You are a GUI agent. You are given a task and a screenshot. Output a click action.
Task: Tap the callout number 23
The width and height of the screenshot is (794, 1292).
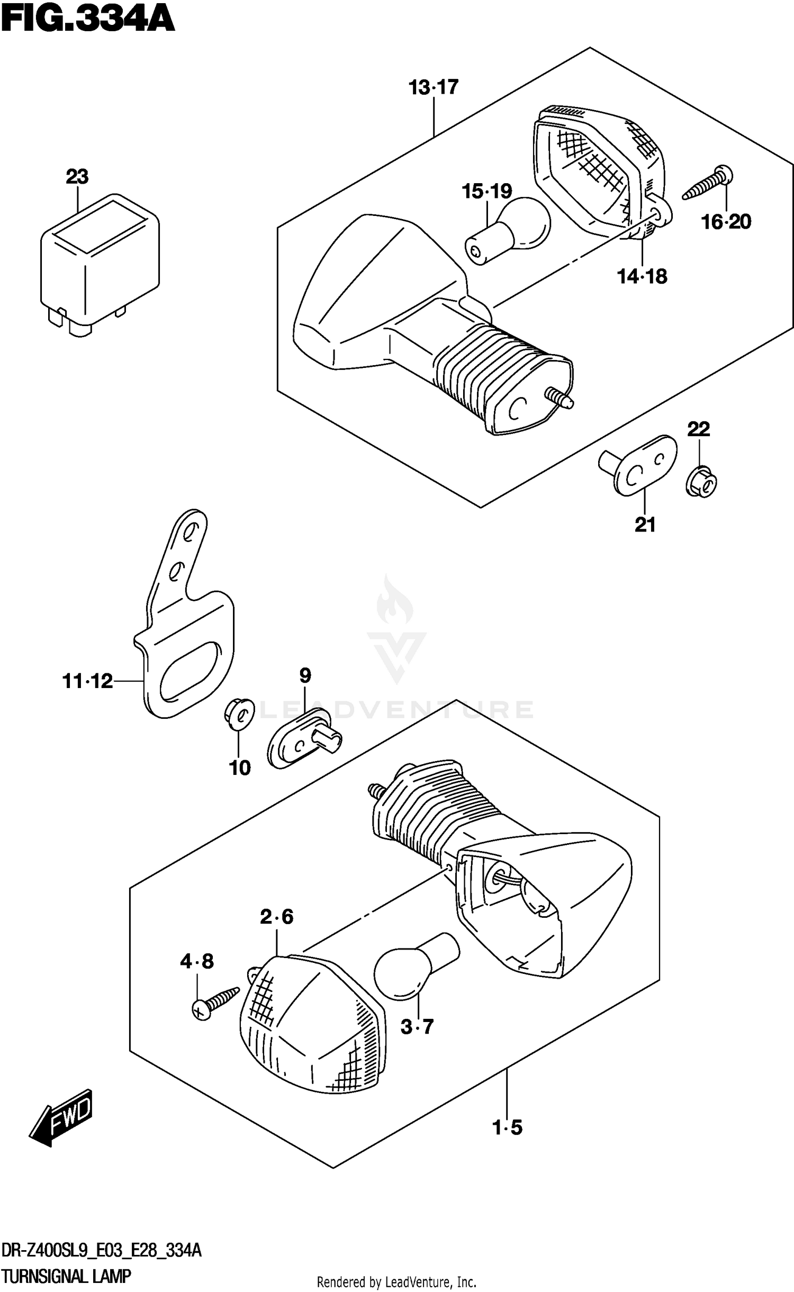point(77,176)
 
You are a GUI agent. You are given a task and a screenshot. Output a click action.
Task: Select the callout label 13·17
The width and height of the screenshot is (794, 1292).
point(433,87)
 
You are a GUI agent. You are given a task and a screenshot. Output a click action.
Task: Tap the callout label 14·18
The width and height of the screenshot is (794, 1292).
point(642,276)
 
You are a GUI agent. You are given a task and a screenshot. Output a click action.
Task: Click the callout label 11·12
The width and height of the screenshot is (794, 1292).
point(88,681)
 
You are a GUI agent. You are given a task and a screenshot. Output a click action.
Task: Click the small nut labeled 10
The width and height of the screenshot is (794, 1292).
point(238,714)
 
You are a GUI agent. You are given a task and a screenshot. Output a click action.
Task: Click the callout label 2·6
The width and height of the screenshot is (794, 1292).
point(276,916)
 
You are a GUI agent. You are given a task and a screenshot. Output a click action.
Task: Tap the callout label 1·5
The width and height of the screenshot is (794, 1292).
point(507,1128)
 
